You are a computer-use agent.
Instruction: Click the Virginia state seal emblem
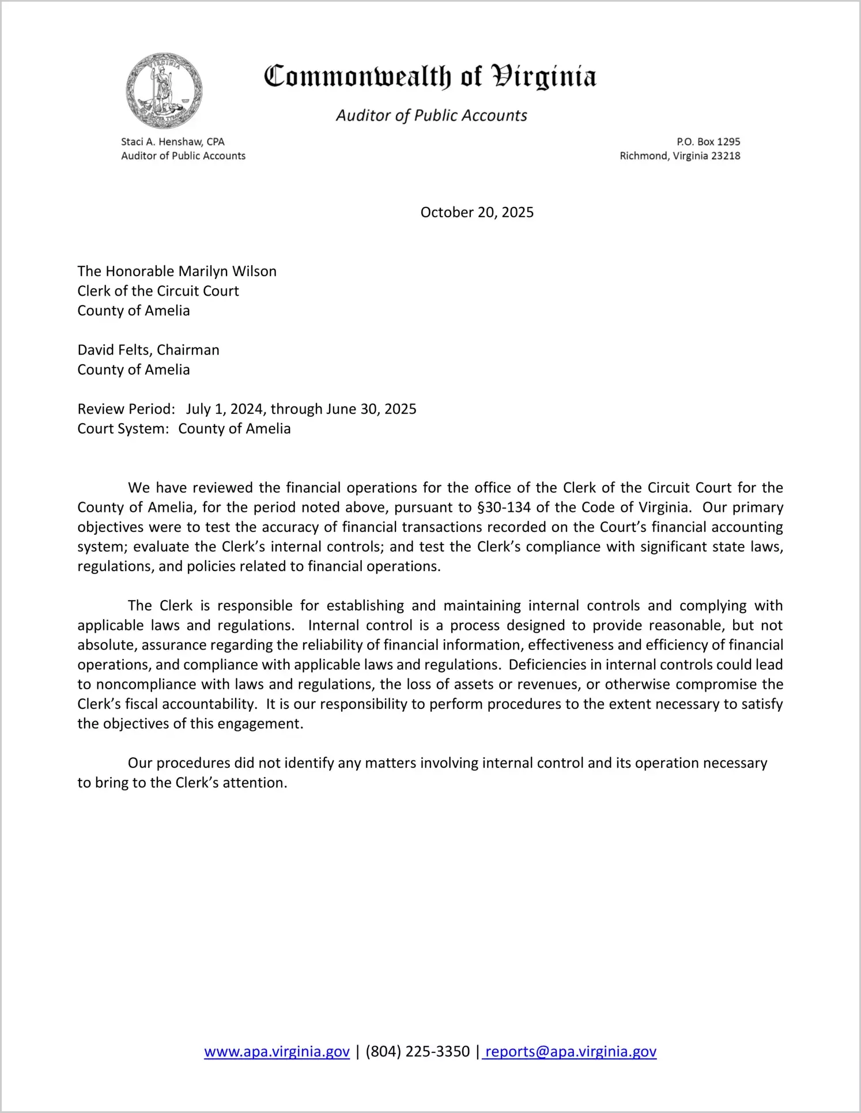[x=164, y=91]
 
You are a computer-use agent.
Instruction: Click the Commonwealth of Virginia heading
[x=430, y=77]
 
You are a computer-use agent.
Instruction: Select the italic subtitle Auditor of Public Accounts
[x=431, y=116]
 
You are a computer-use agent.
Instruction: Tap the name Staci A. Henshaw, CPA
[x=172, y=142]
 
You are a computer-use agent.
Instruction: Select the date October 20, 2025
[x=477, y=213]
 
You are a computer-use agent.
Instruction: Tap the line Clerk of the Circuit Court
[x=158, y=291]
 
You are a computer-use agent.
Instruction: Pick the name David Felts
[x=114, y=350]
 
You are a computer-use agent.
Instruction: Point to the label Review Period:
[x=126, y=409]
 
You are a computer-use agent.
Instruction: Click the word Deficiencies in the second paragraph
[x=546, y=665]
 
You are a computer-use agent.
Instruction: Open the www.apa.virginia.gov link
[x=277, y=1052]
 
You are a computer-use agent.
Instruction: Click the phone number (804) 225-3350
[x=417, y=1052]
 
